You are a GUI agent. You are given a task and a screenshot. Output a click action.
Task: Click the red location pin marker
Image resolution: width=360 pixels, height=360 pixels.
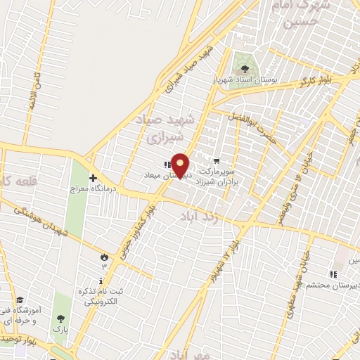[181, 165]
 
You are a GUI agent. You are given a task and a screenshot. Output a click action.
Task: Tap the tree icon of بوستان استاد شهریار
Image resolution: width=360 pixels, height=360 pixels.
[245, 69]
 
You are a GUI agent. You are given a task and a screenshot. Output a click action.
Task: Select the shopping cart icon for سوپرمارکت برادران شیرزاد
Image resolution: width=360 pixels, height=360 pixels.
[216, 161]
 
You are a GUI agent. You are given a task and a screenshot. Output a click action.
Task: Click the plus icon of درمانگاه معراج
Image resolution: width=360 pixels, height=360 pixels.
[93, 178]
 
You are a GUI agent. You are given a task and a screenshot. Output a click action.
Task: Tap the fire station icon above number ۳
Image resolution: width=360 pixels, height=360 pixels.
[105, 257]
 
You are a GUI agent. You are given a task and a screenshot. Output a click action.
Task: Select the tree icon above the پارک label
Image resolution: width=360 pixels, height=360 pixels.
[59, 317]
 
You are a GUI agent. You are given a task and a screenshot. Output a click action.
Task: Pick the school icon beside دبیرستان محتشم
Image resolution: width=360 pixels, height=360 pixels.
[333, 274]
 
